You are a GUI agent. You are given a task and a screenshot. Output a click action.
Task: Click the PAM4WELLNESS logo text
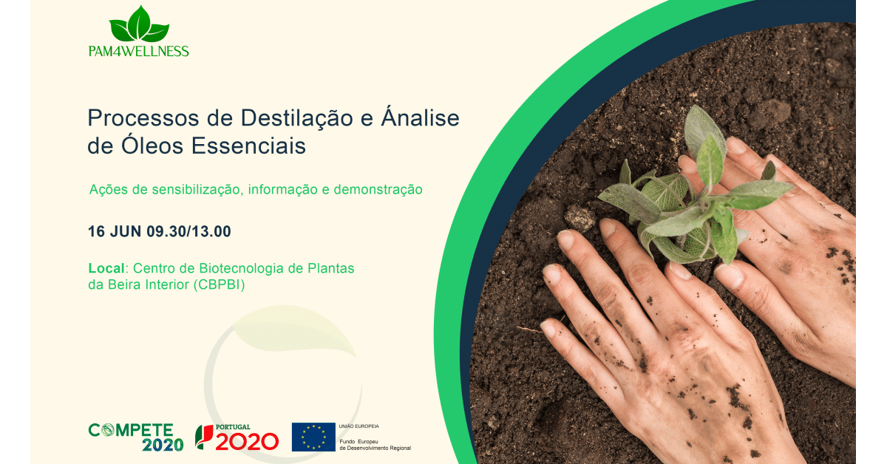(x=139, y=51)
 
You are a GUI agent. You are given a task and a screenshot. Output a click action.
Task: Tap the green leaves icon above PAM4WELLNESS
(x=139, y=24)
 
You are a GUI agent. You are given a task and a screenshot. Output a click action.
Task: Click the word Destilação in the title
(x=296, y=119)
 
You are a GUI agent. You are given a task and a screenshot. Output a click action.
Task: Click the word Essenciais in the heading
(x=248, y=146)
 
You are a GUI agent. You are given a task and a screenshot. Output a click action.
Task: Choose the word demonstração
(x=378, y=190)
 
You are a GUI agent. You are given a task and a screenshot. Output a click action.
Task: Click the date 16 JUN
(x=115, y=231)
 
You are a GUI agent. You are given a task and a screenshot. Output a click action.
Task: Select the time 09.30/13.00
(x=189, y=231)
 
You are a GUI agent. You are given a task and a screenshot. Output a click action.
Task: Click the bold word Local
(x=106, y=268)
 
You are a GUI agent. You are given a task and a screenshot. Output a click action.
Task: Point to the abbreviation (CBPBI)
(x=219, y=284)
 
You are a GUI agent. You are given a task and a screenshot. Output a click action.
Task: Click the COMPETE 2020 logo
(x=135, y=437)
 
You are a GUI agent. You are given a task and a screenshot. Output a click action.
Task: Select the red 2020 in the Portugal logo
(x=247, y=441)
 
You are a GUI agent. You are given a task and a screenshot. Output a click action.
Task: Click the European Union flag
(x=313, y=437)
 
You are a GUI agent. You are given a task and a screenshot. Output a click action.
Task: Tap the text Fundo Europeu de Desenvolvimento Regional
(x=375, y=445)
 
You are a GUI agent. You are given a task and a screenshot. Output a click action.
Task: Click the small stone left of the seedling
(x=580, y=218)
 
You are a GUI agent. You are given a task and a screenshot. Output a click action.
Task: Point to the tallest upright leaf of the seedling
(x=704, y=131)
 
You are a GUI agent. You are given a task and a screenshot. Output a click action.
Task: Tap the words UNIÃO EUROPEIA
(x=358, y=426)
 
